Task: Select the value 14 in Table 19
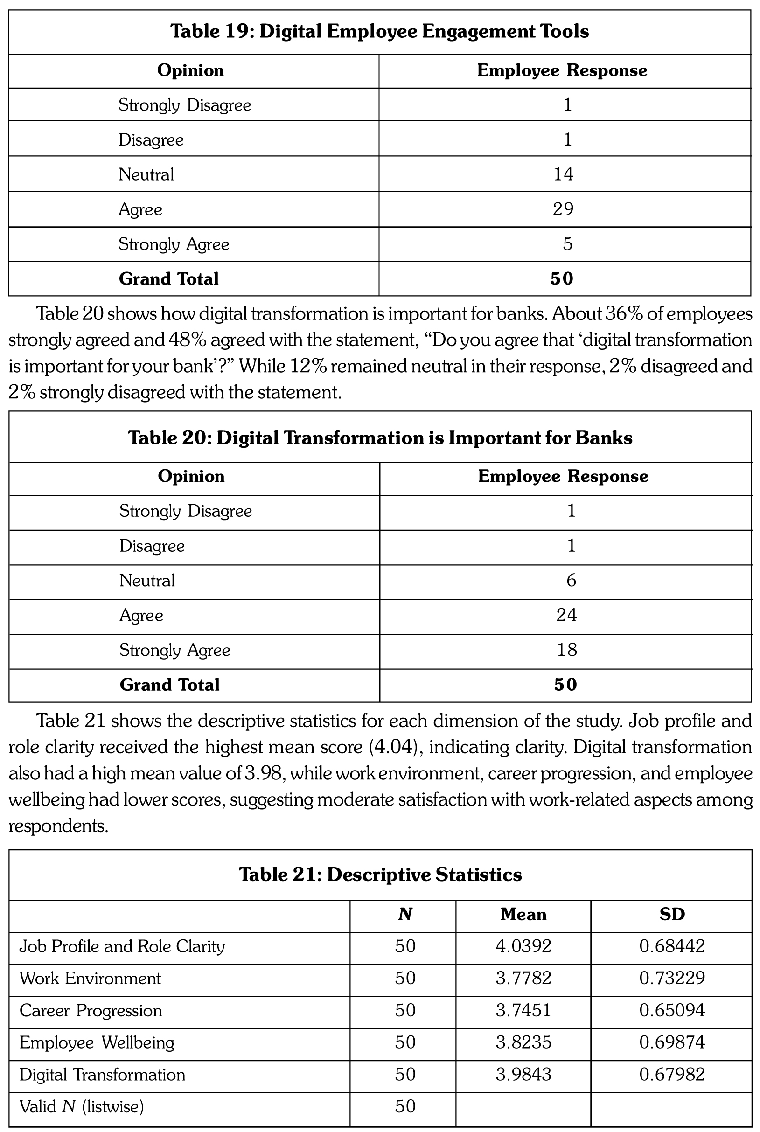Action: (x=563, y=174)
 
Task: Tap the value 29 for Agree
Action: (x=563, y=209)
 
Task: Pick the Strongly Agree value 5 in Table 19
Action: (x=568, y=244)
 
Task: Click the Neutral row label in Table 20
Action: (x=147, y=581)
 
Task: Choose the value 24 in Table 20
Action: (x=566, y=615)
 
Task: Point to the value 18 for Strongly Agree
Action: (x=566, y=650)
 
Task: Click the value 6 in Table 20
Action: (x=571, y=581)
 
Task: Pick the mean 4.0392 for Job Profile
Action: (x=523, y=946)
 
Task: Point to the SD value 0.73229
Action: (x=672, y=979)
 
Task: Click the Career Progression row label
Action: (x=91, y=1010)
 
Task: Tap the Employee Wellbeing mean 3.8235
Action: (x=523, y=1042)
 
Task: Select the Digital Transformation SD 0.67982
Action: (x=672, y=1074)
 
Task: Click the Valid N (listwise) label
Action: (x=82, y=1106)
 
